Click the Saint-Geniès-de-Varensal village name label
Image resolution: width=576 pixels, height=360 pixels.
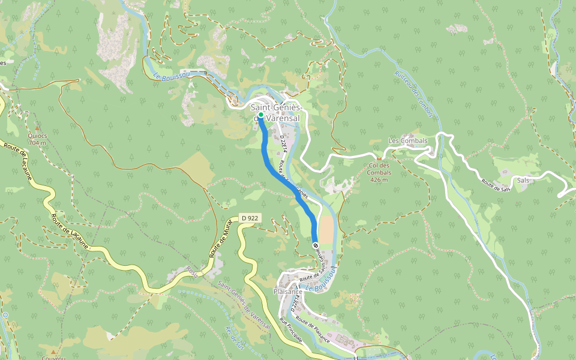275,113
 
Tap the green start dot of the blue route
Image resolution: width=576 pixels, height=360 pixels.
261,115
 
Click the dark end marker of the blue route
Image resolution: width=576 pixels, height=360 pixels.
315,244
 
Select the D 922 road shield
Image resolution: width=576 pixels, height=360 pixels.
248,218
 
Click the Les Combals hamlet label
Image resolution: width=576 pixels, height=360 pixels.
408,141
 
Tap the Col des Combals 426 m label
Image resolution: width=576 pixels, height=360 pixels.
379,172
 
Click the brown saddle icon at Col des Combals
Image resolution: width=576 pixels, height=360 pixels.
379,158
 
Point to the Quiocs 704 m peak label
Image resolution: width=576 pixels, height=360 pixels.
37,139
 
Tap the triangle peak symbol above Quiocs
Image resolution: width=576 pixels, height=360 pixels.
37,128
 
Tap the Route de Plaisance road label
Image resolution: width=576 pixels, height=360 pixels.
313,329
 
